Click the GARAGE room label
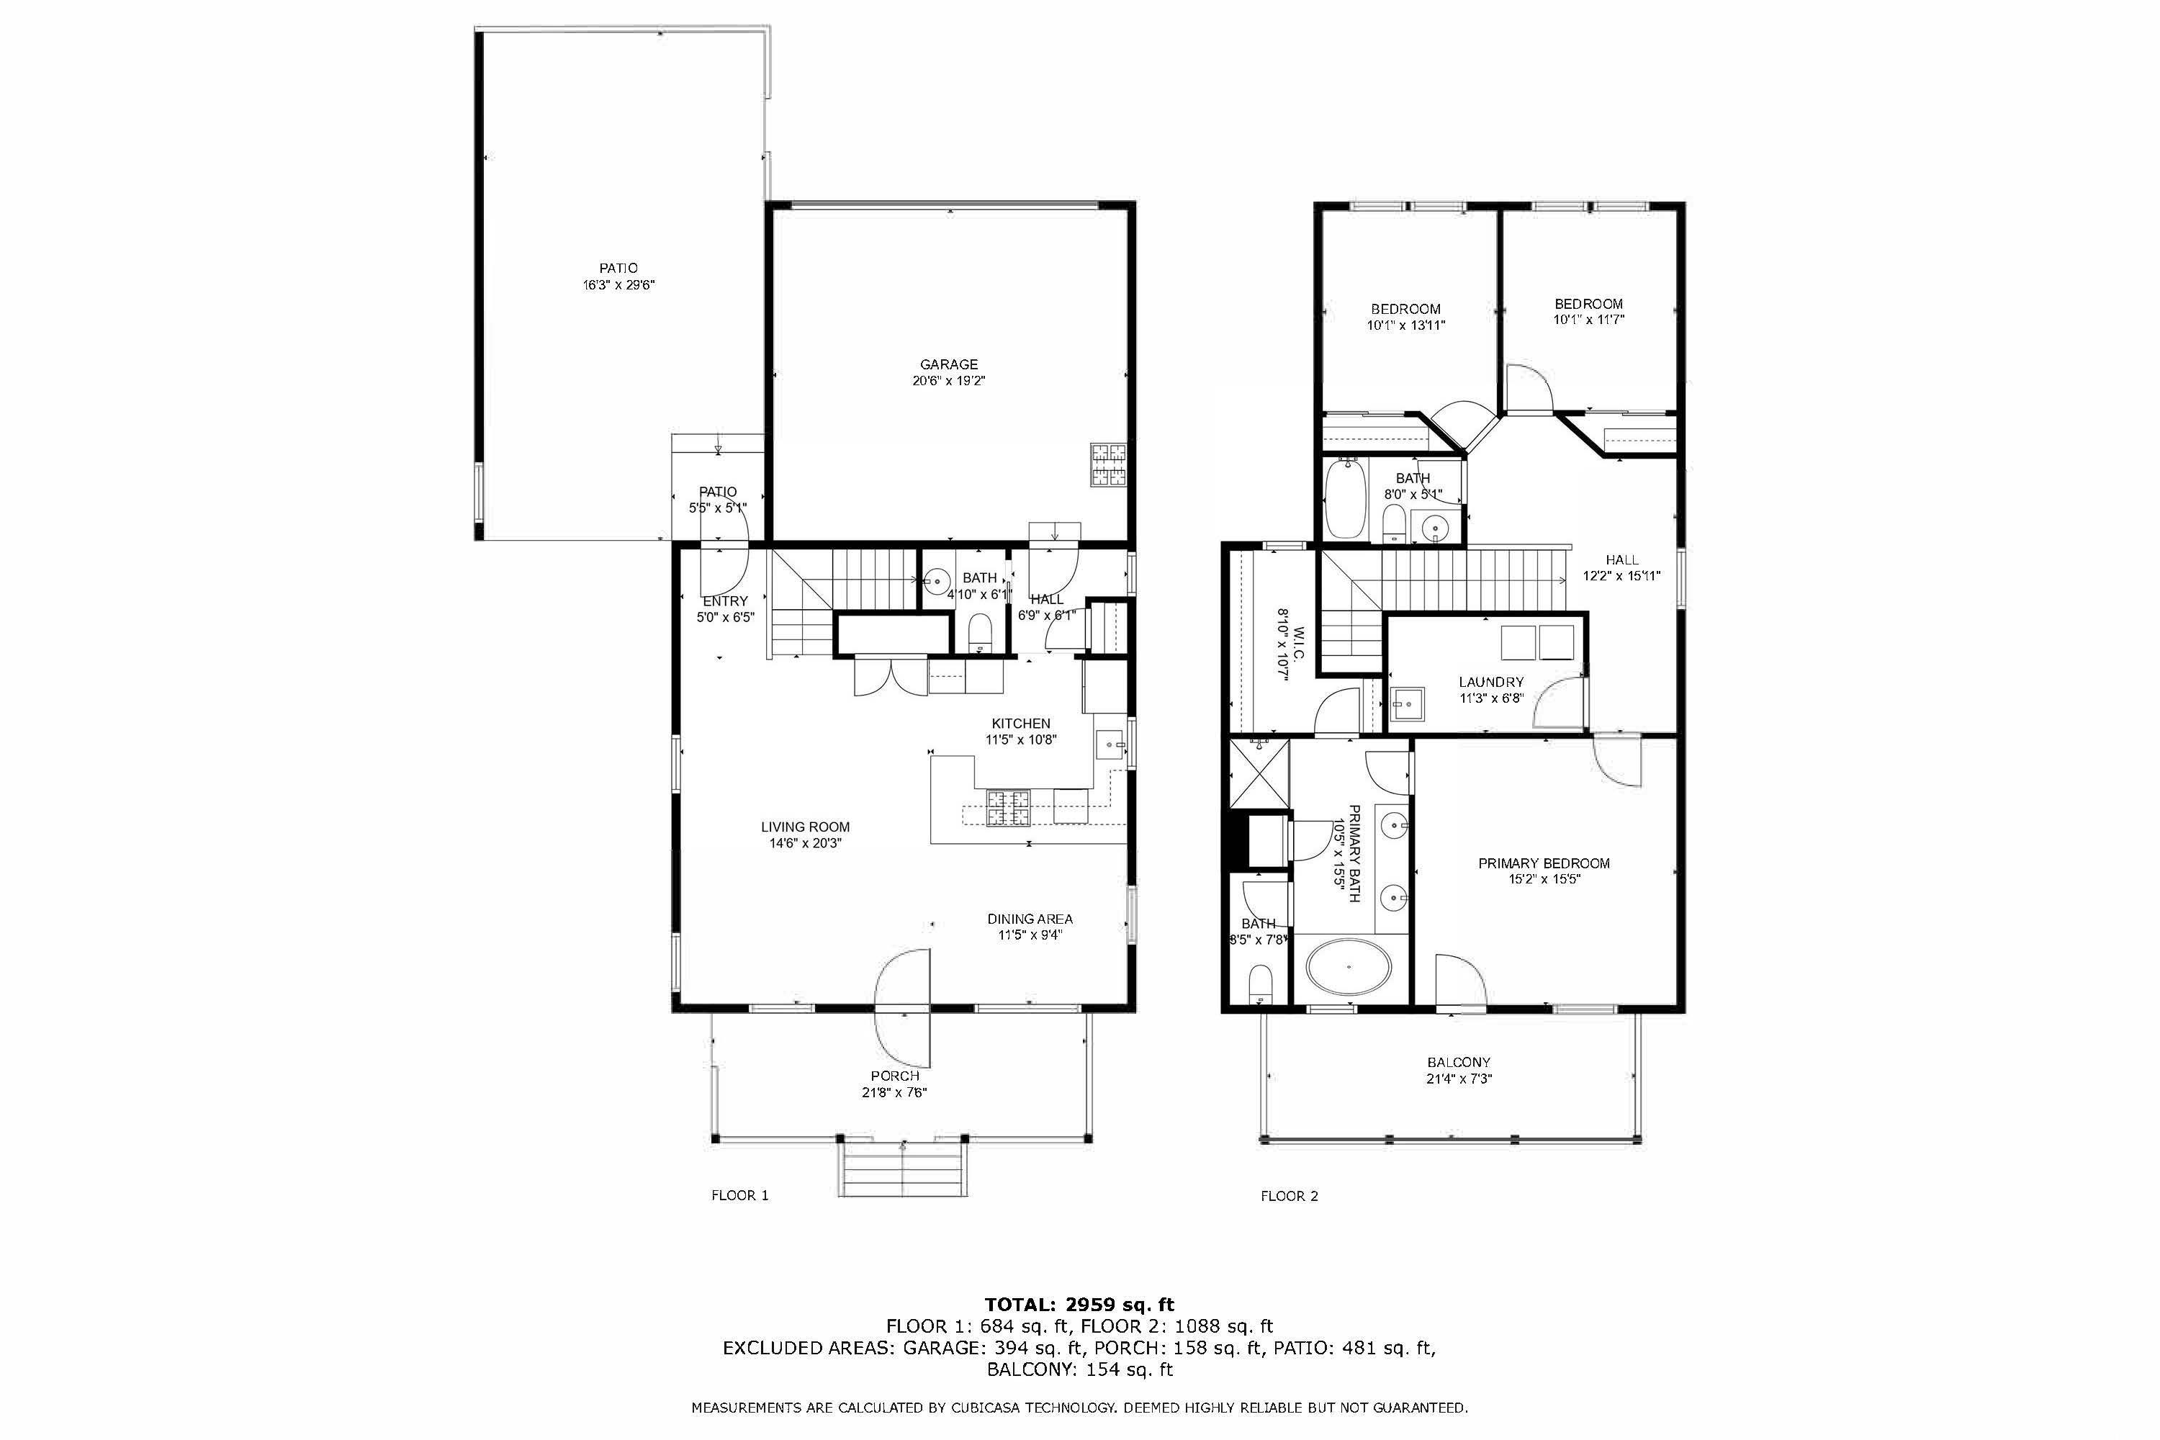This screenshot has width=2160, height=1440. [949, 364]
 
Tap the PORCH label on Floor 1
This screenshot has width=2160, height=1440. [896, 1076]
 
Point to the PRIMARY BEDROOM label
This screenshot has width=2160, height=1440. [1544, 863]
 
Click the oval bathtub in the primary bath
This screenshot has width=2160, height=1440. [1349, 966]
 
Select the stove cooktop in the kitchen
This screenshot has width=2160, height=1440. [1007, 807]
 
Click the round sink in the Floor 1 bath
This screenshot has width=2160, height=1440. [937, 580]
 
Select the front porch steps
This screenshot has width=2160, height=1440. [903, 1168]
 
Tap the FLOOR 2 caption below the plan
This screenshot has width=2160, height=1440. [1290, 1196]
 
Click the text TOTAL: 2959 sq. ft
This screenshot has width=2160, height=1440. [1080, 1304]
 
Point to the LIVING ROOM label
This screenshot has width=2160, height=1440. [806, 827]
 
